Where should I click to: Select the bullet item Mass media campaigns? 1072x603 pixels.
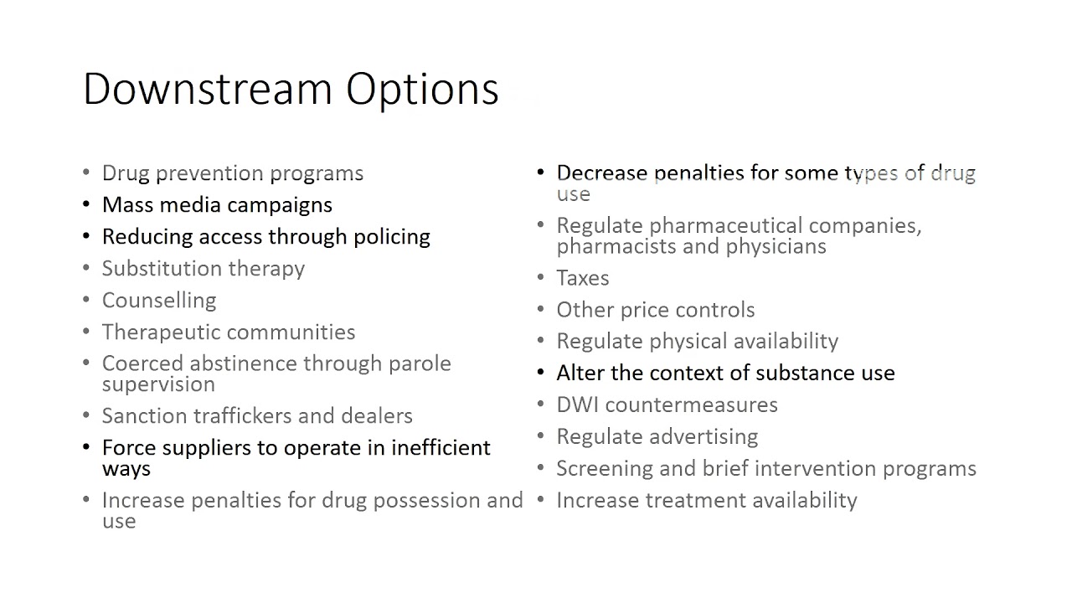[217, 205]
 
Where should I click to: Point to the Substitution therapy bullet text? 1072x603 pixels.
[203, 269]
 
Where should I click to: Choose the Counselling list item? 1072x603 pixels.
[159, 301]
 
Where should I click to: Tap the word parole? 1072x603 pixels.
[419, 364]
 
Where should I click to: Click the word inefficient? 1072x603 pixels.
[441, 448]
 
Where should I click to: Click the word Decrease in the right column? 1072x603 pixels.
[601, 173]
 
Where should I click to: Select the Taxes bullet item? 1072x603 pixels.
[582, 278]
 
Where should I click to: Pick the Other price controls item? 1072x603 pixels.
[655, 310]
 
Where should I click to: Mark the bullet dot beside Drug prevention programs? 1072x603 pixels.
[86, 173]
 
